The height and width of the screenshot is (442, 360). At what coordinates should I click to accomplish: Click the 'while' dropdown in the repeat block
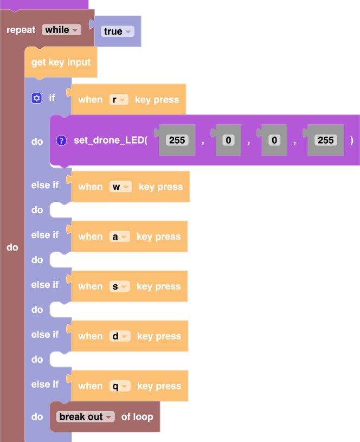click(61, 30)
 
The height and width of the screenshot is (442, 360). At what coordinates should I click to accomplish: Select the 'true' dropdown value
click(118, 31)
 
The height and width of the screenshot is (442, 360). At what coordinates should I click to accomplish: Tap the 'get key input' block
click(61, 62)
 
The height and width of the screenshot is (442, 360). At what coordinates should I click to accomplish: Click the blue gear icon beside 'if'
click(36, 98)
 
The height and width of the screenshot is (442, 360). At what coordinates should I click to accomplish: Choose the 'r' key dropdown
click(119, 99)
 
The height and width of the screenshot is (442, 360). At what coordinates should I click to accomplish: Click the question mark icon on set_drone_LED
click(61, 140)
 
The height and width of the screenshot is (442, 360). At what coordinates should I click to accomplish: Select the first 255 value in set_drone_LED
click(177, 140)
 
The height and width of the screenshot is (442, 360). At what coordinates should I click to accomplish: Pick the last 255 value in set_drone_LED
click(325, 140)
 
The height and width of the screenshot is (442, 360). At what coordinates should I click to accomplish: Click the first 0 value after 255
click(229, 140)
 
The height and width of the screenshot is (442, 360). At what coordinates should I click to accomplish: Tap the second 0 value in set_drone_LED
click(275, 140)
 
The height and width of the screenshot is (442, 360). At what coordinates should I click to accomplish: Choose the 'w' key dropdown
click(120, 187)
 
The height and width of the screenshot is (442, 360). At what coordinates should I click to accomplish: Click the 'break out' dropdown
click(86, 417)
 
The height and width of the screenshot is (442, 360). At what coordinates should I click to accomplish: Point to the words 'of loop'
click(137, 417)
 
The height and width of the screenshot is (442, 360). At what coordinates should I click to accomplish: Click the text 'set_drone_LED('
click(111, 140)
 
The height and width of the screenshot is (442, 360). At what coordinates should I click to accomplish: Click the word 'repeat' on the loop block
click(21, 30)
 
